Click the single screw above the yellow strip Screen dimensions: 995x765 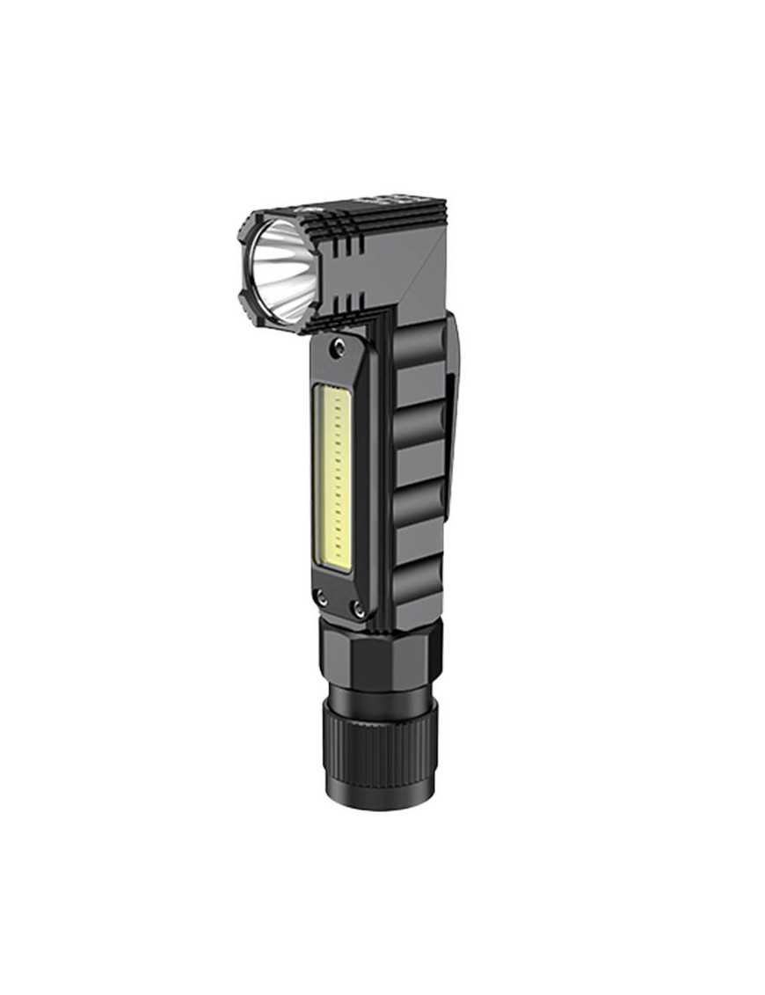pos(338,350)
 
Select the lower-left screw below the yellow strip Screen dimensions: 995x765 pos(323,596)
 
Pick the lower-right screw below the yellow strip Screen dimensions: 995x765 pos(359,607)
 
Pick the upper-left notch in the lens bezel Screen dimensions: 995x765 pos(244,230)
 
